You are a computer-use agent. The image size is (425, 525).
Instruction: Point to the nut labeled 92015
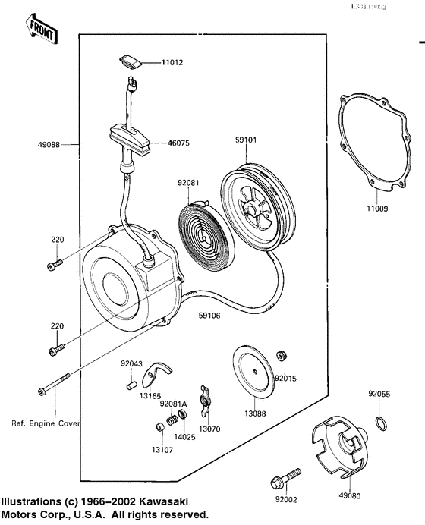tap(282, 356)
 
